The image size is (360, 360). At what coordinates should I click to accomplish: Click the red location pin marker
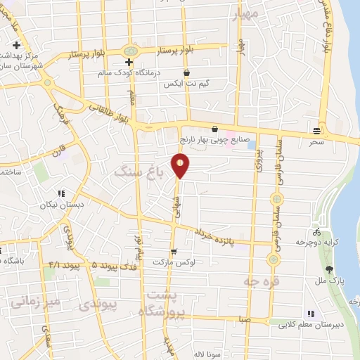181,165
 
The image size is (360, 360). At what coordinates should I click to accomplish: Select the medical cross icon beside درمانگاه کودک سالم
129,63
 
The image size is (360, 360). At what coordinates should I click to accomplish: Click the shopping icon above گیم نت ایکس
186,72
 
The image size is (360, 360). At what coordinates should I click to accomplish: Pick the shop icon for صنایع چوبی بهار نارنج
214,129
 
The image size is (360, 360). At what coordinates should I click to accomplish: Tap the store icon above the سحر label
318,131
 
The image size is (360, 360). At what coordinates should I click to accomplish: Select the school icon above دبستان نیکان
62,193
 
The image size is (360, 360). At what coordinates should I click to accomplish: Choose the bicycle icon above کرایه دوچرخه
318,231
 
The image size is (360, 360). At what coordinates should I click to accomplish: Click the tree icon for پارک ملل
329,269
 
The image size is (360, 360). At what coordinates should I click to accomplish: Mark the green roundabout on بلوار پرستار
130,51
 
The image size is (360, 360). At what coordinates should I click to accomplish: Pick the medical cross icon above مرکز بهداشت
15,46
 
